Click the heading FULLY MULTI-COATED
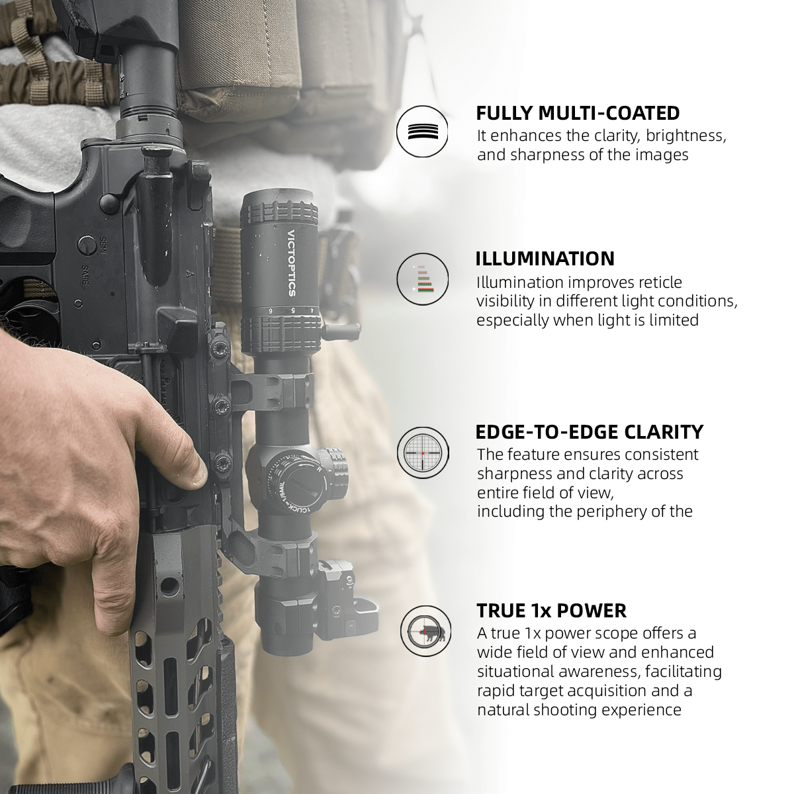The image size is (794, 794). [578, 112]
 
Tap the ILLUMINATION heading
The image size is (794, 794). [545, 258]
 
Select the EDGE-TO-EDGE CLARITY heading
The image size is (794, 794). [590, 432]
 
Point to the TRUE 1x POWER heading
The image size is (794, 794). [551, 610]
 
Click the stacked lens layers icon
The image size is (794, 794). [422, 131]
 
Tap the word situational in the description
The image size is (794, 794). [520, 672]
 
